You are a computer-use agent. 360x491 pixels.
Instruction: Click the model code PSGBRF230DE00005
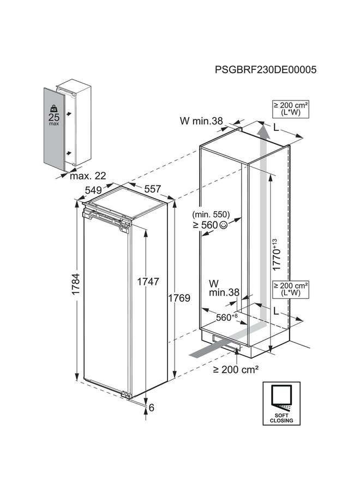pyautogui.click(x=266, y=70)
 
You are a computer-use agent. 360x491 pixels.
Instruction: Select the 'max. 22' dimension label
pyautogui.click(x=87, y=176)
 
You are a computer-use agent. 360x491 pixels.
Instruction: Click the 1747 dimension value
pyautogui.click(x=148, y=282)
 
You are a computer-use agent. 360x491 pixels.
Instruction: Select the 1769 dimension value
pyautogui.click(x=179, y=298)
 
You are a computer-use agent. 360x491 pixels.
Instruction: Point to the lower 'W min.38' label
pyautogui.click(x=224, y=288)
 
